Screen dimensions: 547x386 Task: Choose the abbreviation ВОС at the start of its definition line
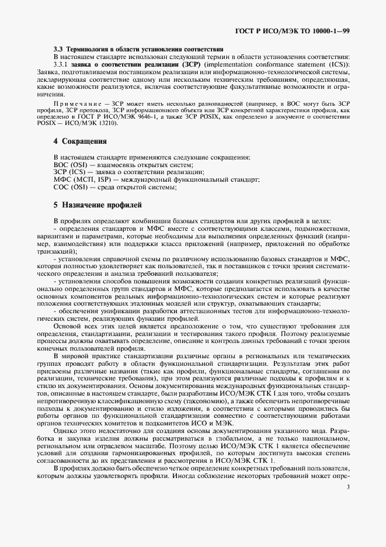pyautogui.click(x=61, y=165)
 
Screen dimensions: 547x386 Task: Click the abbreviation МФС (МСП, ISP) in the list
pyautogui.click(x=82, y=180)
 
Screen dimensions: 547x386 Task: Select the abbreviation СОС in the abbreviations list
pyautogui.click(x=61, y=187)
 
